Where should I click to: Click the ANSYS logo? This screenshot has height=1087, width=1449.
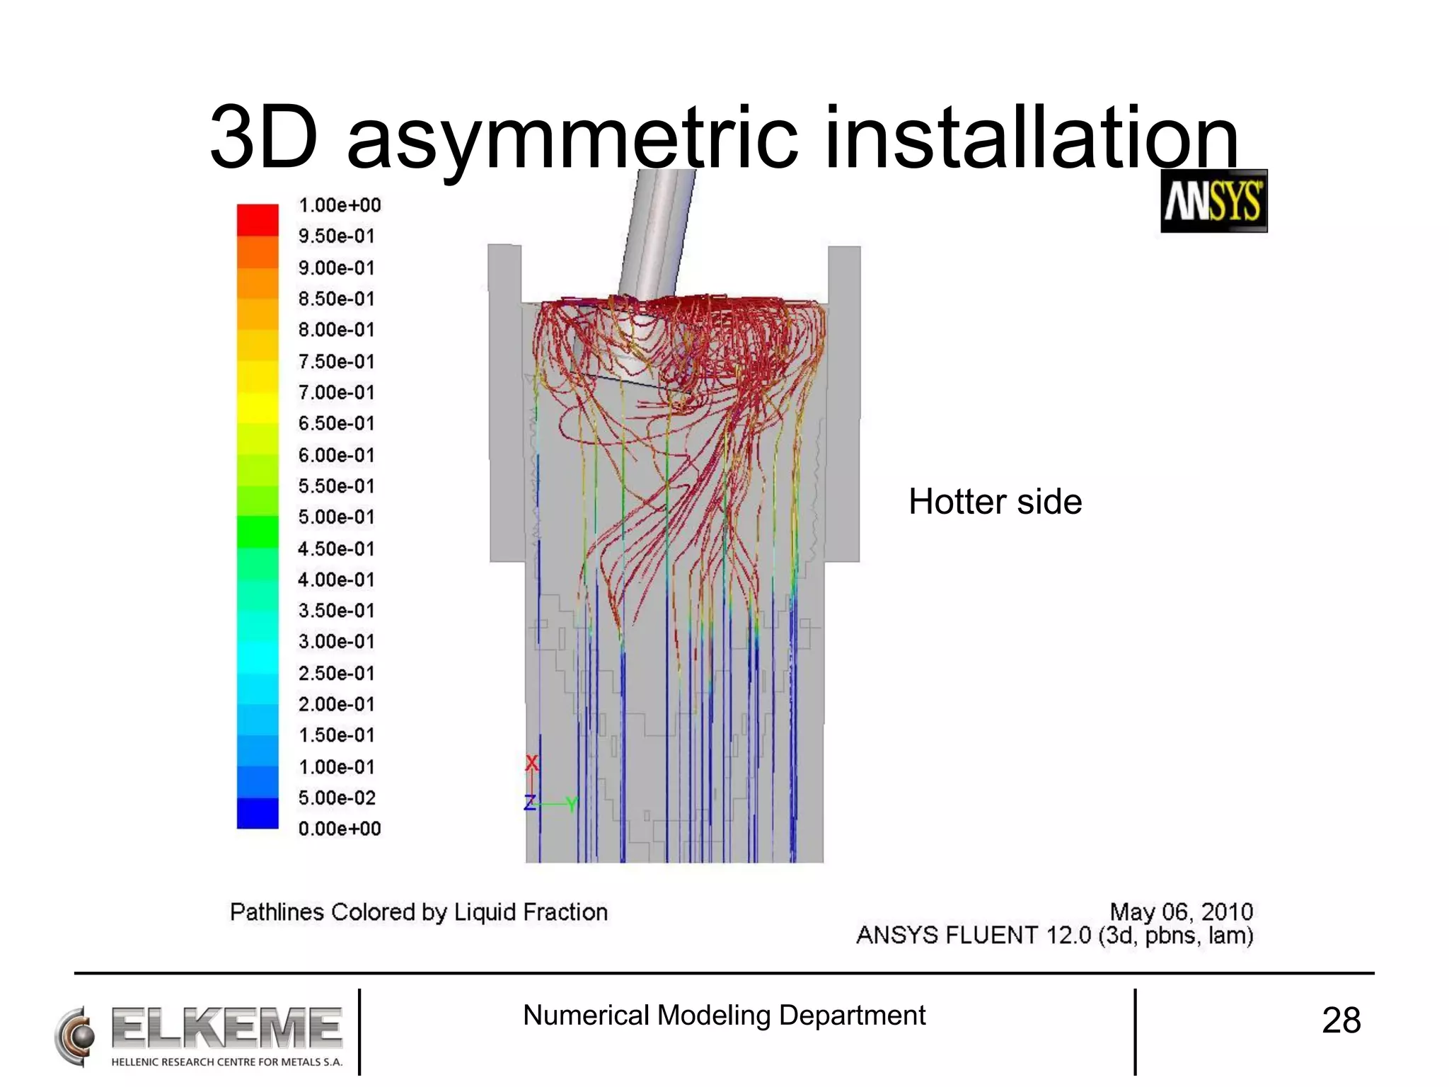point(1213,201)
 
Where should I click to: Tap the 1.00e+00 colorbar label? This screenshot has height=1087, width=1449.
point(340,205)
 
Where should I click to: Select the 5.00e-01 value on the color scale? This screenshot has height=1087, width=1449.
point(336,517)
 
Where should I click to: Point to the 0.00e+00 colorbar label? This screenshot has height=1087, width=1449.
point(340,829)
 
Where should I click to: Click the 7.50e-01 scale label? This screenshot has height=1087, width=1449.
point(336,362)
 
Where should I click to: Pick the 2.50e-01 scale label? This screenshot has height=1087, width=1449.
point(336,673)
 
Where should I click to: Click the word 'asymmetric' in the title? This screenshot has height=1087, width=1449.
point(572,138)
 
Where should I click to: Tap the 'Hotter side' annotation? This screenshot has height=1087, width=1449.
point(995,502)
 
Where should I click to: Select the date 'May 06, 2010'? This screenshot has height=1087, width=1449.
point(1181,911)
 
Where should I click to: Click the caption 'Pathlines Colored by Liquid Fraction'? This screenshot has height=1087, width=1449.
point(419,912)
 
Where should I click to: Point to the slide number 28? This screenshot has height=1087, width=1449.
point(1341,1020)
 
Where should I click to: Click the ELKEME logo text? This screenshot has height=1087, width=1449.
point(226,1028)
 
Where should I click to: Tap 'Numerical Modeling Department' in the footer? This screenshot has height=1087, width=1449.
point(724,1016)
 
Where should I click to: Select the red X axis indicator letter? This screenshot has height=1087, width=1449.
point(532,763)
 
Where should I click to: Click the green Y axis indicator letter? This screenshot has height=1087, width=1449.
point(572,804)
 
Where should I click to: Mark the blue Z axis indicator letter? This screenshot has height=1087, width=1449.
point(529,803)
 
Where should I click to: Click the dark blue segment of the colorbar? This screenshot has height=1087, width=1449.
point(258,813)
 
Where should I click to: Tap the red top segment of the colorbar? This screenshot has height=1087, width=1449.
point(258,219)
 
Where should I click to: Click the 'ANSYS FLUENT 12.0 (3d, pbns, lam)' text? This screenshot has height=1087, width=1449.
point(1054,936)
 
